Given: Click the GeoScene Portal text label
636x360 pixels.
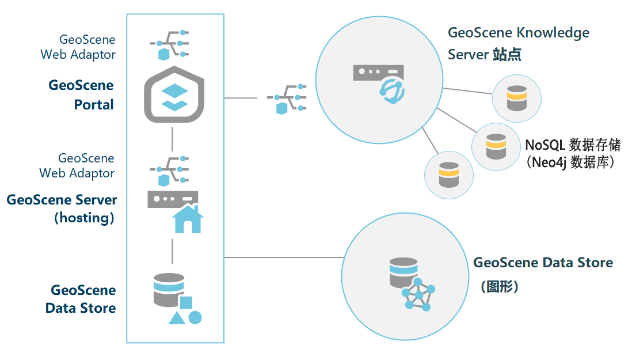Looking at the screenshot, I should point(81,95).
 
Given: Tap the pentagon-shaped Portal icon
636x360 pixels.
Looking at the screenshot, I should point(173,94).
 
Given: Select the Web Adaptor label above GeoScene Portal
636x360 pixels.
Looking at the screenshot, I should point(78,47).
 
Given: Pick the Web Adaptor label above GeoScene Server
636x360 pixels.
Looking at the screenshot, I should point(77,165).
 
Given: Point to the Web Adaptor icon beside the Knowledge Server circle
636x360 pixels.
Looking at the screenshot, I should point(287,98).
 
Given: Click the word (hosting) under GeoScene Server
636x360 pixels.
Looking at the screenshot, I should point(84,218).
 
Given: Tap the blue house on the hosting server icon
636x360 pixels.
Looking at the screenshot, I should point(188,219).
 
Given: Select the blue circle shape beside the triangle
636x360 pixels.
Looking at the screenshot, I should point(195,317).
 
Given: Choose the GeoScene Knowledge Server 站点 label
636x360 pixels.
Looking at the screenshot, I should point(518,43).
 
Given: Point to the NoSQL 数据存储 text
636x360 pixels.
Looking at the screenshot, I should point(572,145).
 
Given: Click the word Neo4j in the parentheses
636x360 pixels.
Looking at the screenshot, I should point(552,162).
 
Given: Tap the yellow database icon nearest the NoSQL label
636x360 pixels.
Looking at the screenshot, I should point(496,147).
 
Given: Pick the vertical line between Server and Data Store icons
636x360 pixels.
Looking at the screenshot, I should point(172,251).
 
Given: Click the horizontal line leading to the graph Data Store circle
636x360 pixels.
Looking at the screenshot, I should point(282,257).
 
